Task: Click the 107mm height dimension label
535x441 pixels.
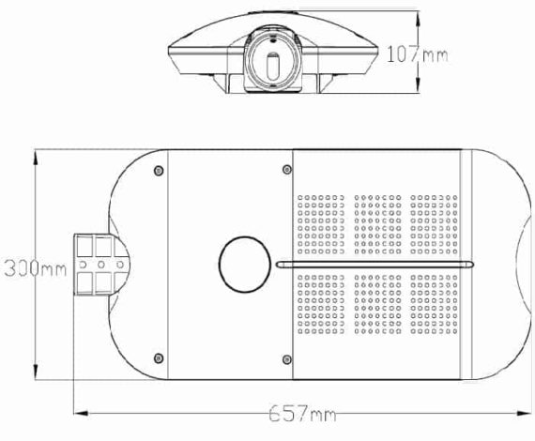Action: pos(417,54)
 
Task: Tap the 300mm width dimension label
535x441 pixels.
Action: pos(35,268)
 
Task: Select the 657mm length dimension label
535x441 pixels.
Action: pos(302,413)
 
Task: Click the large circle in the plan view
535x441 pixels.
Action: pos(245,265)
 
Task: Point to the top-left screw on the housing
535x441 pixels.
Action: pos(159,170)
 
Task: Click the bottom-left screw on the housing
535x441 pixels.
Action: pos(159,358)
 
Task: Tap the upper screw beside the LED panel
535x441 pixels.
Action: pos(287,169)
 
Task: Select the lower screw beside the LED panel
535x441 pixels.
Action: pos(287,359)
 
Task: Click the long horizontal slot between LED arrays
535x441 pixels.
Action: pos(374,265)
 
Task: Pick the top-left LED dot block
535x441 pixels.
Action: pos(321,224)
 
